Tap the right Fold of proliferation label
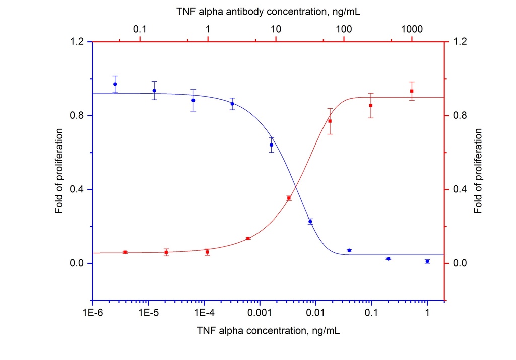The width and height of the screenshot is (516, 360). pyautogui.click(x=478, y=170)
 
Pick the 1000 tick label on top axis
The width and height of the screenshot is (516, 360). pyautogui.click(x=412, y=29)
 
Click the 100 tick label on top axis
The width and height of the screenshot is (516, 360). pyautogui.click(x=344, y=29)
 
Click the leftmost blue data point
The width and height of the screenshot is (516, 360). pyautogui.click(x=115, y=84)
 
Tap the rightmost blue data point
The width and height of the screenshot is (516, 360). pyautogui.click(x=427, y=261)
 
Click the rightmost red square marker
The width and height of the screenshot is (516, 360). pyautogui.click(x=412, y=91)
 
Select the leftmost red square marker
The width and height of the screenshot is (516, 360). pyautogui.click(x=125, y=252)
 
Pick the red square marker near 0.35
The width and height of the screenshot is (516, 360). pyautogui.click(x=289, y=198)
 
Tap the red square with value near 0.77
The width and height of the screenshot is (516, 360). pyautogui.click(x=330, y=121)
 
